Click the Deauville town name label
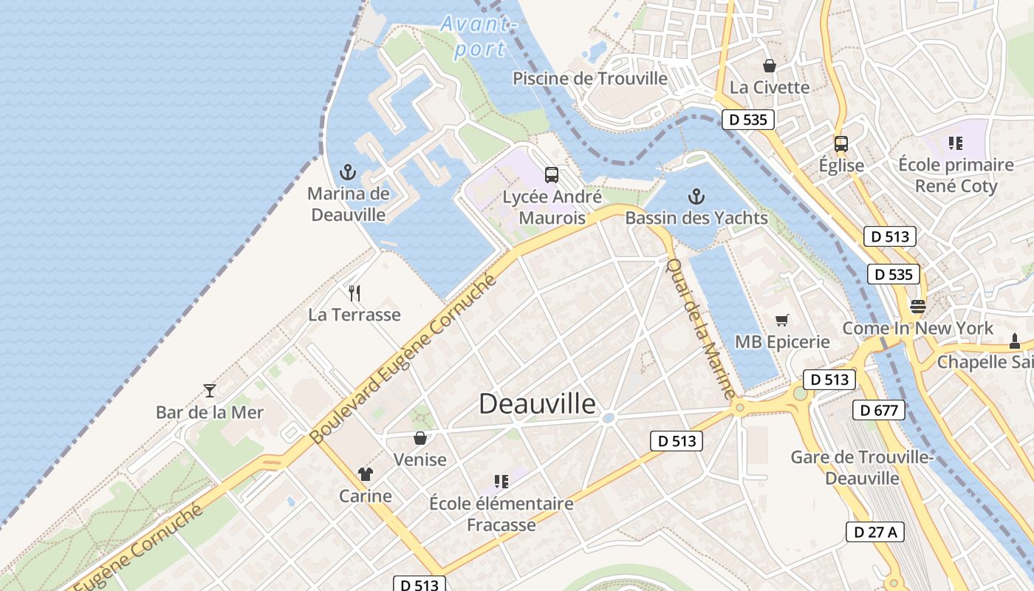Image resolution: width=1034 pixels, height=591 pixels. (x=537, y=403)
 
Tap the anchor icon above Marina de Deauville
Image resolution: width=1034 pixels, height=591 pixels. (x=348, y=173)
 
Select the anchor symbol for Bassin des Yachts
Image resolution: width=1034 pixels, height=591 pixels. (x=696, y=197)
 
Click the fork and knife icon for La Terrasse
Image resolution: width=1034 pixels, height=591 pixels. (x=355, y=293)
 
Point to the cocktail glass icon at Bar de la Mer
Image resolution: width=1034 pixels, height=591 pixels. (x=210, y=391)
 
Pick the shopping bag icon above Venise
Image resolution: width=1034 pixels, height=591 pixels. (x=420, y=438)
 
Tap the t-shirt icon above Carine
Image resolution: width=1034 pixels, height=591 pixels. (x=365, y=474)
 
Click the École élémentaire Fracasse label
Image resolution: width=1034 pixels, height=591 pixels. (x=501, y=514)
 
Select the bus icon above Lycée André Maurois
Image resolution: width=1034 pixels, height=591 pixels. (x=552, y=175)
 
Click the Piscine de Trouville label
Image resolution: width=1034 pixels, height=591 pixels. (x=590, y=78)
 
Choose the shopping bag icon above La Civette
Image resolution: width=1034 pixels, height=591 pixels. (x=770, y=66)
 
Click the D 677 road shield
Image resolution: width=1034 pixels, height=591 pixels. (x=878, y=409)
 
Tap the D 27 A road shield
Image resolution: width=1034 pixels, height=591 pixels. (x=875, y=531)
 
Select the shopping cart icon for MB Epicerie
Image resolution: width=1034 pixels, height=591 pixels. (x=782, y=320)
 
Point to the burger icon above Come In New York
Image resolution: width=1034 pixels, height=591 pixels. (x=918, y=306)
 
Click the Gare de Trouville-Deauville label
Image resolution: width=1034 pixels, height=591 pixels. (x=862, y=468)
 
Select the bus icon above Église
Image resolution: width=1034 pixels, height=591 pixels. (x=841, y=143)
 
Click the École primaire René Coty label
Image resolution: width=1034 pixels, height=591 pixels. (x=956, y=175)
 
